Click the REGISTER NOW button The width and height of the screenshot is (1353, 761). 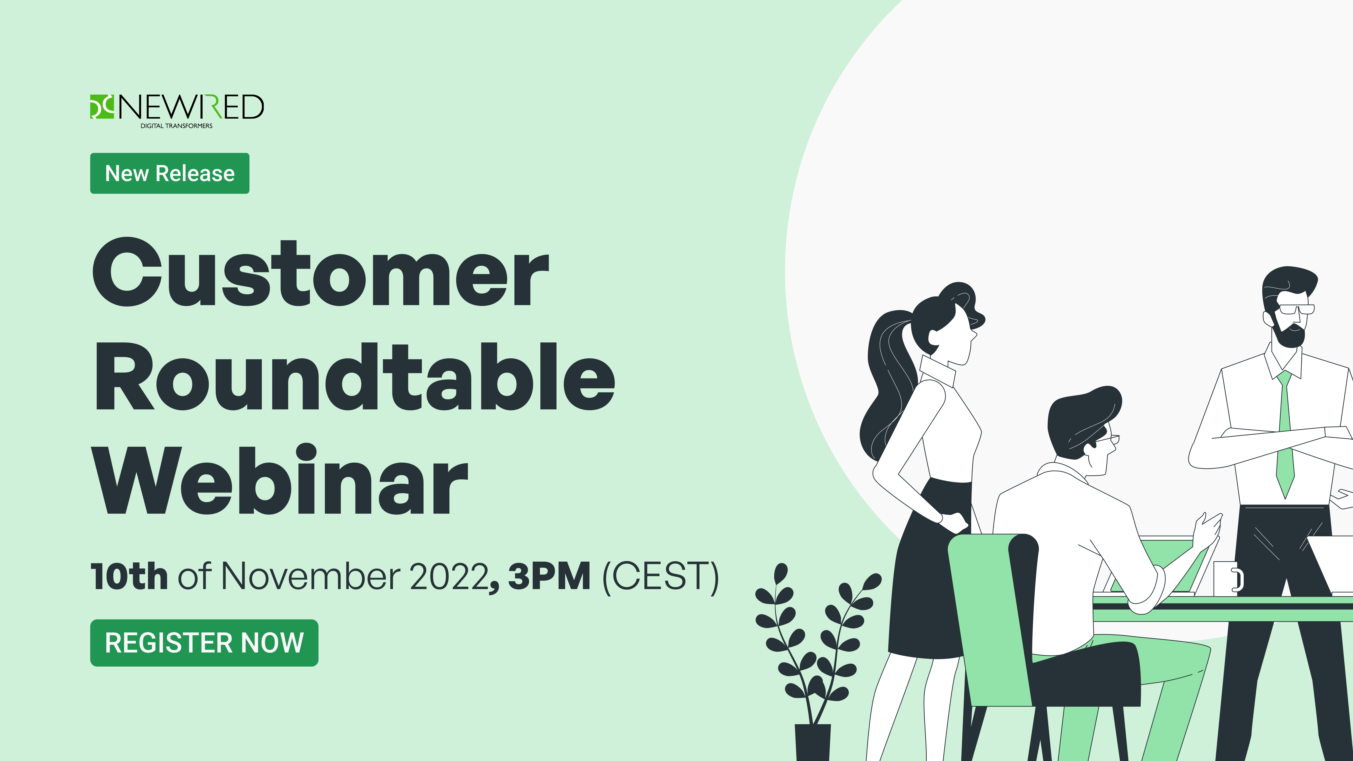(204, 643)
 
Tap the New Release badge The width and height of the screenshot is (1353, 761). (170, 173)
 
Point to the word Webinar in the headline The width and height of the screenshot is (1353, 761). (280, 479)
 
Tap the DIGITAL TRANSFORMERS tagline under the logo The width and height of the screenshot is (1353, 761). (177, 126)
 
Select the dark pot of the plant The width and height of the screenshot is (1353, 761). (813, 742)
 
